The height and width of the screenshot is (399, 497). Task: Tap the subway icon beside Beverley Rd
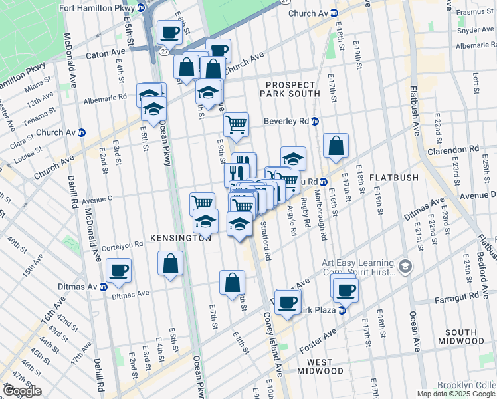tap(316, 121)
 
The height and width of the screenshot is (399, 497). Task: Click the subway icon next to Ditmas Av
tap(104, 287)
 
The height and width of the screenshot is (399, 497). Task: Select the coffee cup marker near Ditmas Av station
tap(120, 269)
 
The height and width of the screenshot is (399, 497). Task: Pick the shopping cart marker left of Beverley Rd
tap(237, 123)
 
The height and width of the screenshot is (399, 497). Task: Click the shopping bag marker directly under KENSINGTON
tap(170, 263)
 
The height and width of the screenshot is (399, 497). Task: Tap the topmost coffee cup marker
tap(170, 31)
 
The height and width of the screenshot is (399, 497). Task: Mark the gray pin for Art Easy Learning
tap(405, 267)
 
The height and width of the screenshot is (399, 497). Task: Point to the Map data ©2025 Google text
tap(456, 394)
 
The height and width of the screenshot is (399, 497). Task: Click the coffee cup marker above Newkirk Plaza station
tap(346, 289)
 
